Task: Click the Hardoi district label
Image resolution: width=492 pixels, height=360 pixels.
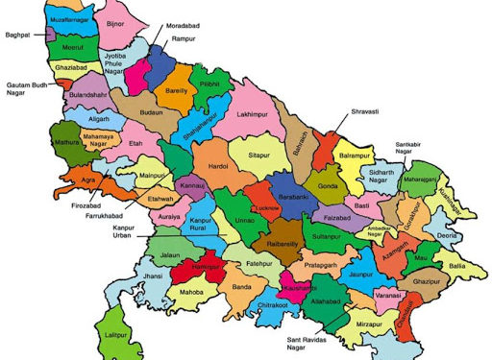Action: pyautogui.click(x=217, y=163)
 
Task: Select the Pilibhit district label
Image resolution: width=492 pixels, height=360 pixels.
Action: pyautogui.click(x=210, y=84)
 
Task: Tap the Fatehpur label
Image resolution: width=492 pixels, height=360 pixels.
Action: pyautogui.click(x=259, y=261)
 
